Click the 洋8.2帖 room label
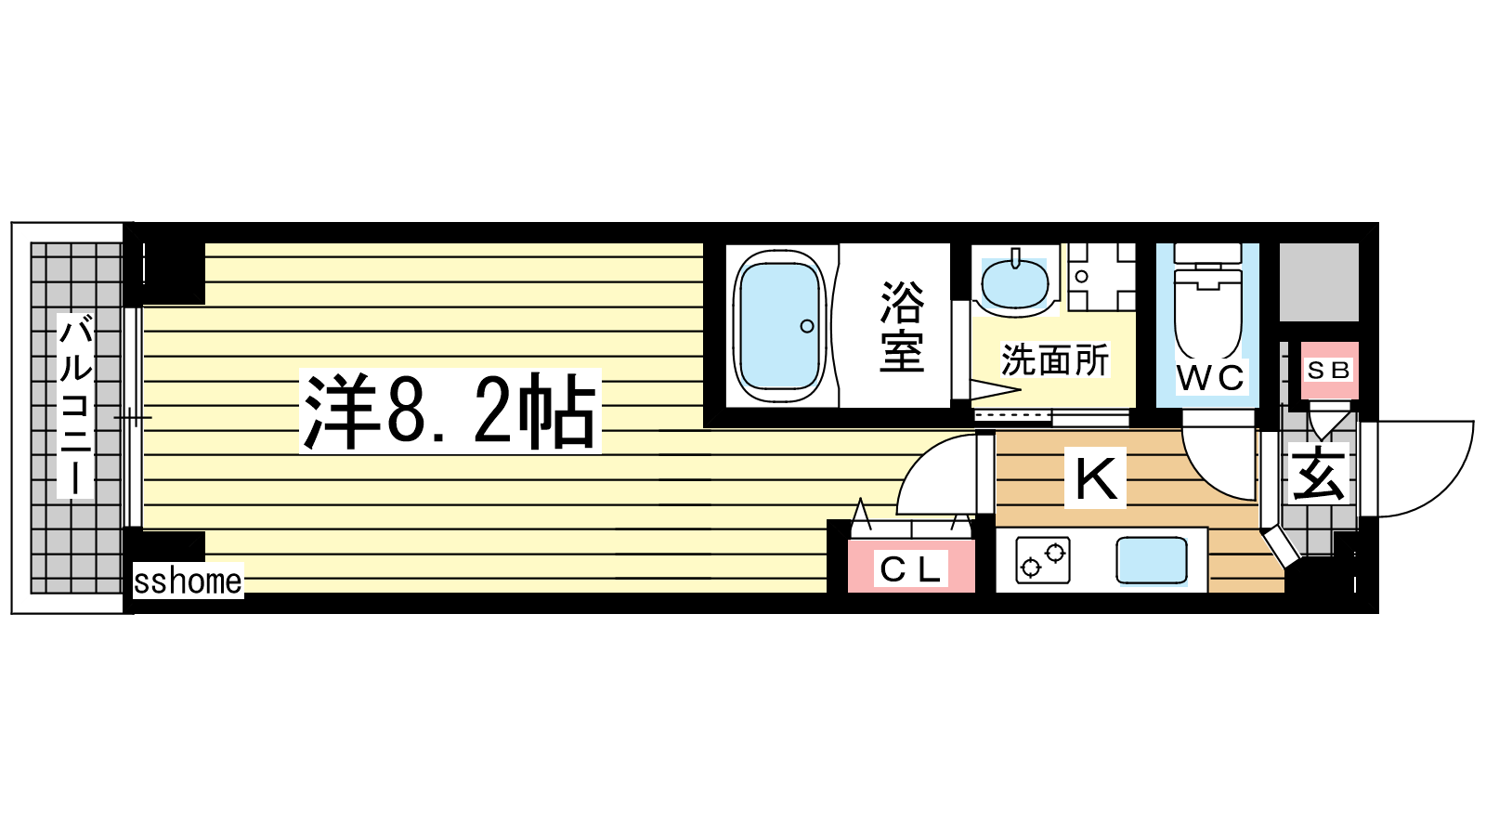point(450,411)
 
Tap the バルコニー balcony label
point(75,405)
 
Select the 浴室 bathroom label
point(902,326)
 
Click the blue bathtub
point(779,326)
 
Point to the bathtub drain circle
point(807,326)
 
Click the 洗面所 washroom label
point(1054,360)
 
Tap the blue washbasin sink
point(1014,283)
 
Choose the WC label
point(1211,378)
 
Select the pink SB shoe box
point(1329,371)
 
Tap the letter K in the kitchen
point(1095,477)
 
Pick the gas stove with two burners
point(1043,560)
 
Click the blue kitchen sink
point(1152,561)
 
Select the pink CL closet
point(911,566)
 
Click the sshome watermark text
point(188,581)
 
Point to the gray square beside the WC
point(1319,282)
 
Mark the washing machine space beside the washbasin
point(1101,277)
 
